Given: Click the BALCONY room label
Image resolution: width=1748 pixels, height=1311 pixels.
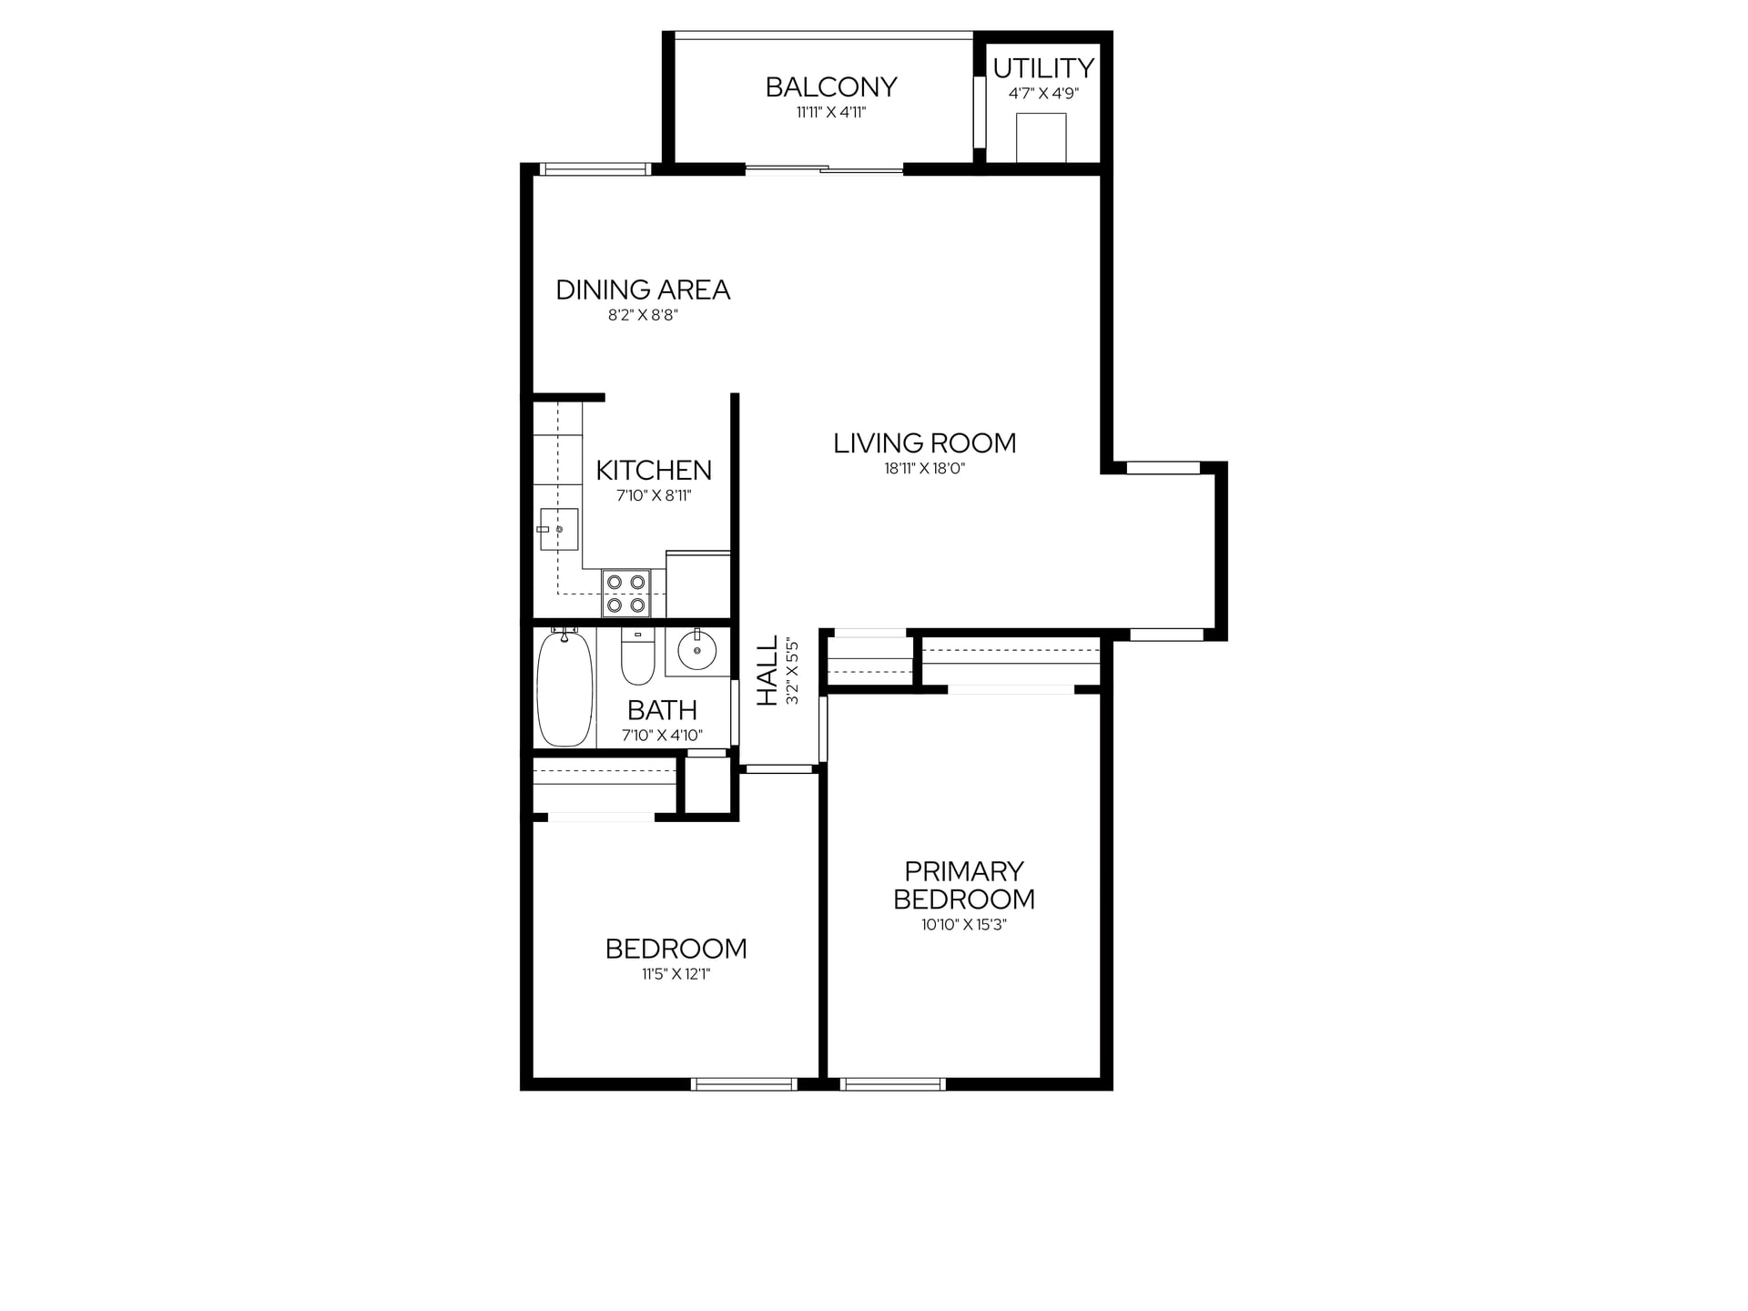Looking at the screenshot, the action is [x=831, y=87].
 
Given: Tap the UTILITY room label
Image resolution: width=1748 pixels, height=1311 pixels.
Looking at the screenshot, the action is [x=1043, y=68].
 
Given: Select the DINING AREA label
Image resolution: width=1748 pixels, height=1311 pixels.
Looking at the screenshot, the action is [x=643, y=290].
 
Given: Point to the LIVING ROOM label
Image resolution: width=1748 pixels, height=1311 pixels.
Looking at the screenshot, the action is [x=924, y=443].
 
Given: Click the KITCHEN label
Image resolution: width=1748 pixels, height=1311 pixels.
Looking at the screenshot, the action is [x=654, y=471].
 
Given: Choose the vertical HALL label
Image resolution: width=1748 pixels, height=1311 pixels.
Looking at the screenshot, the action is [x=768, y=671].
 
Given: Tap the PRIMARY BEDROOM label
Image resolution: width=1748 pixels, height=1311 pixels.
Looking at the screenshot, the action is [x=964, y=885].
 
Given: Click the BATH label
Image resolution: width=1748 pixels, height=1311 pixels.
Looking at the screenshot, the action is [x=662, y=710].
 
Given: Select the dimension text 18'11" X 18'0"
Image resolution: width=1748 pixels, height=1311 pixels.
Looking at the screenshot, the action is [x=924, y=469].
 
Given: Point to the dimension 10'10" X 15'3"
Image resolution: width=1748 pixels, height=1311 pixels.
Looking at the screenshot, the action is [x=964, y=925].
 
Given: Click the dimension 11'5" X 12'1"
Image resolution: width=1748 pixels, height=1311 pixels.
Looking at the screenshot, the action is [x=676, y=974].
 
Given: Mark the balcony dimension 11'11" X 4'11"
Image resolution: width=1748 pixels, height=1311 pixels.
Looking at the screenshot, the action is [x=831, y=113].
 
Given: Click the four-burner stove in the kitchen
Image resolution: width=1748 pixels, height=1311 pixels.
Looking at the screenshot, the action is [x=625, y=593].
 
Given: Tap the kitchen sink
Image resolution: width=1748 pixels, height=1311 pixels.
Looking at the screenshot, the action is [x=559, y=529].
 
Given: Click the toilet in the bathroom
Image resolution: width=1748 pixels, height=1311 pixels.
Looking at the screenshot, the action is [x=637, y=656].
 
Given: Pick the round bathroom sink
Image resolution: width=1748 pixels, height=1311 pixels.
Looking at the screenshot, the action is [x=697, y=651].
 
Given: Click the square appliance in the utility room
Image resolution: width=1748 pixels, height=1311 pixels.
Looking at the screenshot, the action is [x=1041, y=137].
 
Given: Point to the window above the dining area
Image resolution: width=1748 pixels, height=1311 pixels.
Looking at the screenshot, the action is [x=595, y=168].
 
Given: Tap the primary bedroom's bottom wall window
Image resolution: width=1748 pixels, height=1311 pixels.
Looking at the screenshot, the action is [x=893, y=1083].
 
